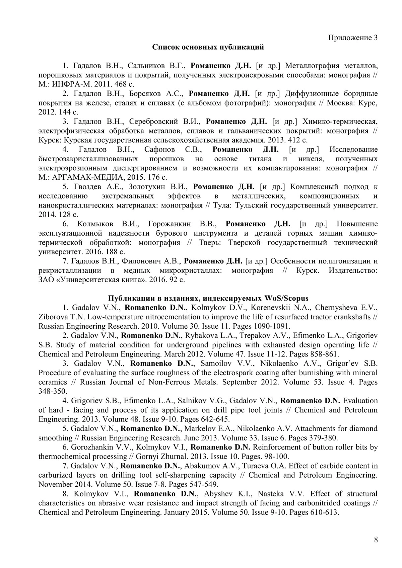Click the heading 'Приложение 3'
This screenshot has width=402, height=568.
pyautogui.click(x=353, y=37)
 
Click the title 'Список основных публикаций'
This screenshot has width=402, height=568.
pyautogui.click(x=208, y=47)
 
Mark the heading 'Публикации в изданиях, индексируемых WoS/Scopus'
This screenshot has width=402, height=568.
pyautogui.click(x=208, y=298)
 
